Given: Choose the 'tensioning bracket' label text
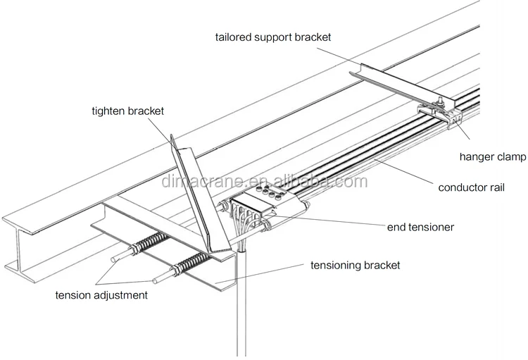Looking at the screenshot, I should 355,266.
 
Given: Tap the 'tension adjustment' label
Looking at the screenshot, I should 101,295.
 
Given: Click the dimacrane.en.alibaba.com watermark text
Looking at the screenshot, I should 263,182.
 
